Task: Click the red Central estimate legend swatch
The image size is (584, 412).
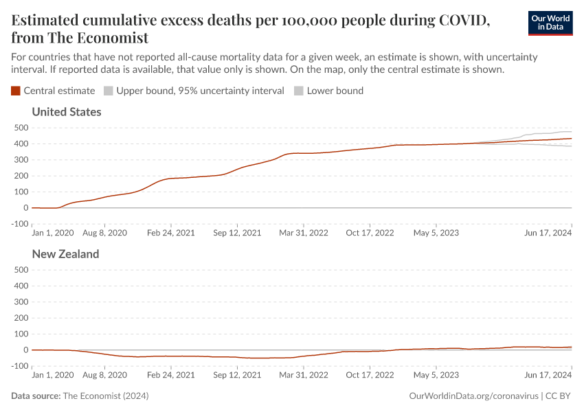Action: pyautogui.click(x=16, y=91)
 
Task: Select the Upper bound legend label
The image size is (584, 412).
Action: pyautogui.click(x=200, y=91)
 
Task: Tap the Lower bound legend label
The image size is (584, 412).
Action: pyautogui.click(x=335, y=91)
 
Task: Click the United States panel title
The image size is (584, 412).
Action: pyautogui.click(x=67, y=112)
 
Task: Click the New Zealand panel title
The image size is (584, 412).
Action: pyautogui.click(x=65, y=254)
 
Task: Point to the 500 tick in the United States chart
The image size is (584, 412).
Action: pyautogui.click(x=19, y=128)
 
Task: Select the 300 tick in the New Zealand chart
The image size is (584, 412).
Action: pyautogui.click(x=19, y=302)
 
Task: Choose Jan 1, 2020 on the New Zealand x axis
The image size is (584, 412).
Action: pyautogui.click(x=53, y=375)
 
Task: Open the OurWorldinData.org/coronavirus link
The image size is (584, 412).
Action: pyautogui.click(x=473, y=396)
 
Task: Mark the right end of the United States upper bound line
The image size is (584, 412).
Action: pyautogui.click(x=571, y=132)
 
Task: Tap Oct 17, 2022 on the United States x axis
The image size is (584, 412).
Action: pyautogui.click(x=370, y=233)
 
